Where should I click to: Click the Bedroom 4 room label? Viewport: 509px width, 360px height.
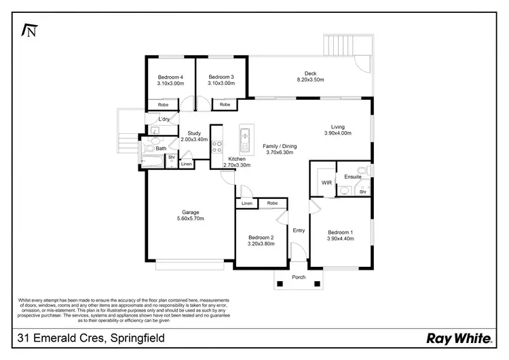coord(170,77)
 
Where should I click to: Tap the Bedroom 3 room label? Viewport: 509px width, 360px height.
coord(221,77)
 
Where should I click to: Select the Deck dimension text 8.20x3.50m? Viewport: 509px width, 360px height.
coord(310,80)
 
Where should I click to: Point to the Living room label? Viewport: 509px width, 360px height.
coord(337,126)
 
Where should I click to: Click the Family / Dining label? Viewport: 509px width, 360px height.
coord(280,146)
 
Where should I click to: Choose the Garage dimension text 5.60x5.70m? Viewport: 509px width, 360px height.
coord(190,219)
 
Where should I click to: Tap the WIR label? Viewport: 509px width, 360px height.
coord(326,183)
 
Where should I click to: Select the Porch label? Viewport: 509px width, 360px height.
coord(299,277)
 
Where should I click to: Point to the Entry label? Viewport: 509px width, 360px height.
coord(299,230)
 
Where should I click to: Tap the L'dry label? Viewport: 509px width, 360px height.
coord(164,120)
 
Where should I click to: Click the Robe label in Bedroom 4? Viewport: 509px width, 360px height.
coord(164,105)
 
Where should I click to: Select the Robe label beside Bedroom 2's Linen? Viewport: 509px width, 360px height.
coord(272,203)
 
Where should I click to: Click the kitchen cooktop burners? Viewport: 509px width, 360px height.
coord(218,150)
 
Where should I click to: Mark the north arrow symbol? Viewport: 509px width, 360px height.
coord(29,31)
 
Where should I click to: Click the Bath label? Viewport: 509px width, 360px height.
coord(161,148)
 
